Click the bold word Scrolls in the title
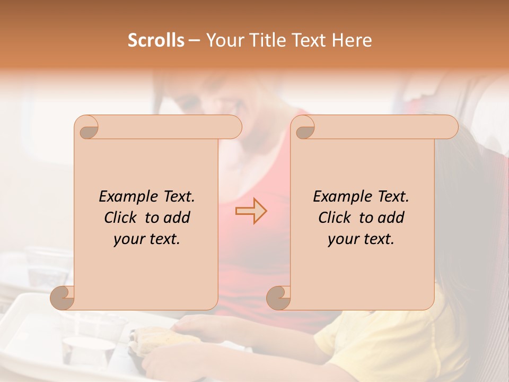(156, 40)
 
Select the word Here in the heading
(352, 40)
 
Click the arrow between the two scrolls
(251, 211)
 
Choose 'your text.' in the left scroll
(147, 239)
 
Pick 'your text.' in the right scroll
(361, 239)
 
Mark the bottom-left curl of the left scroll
(63, 298)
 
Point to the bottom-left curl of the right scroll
(279, 298)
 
